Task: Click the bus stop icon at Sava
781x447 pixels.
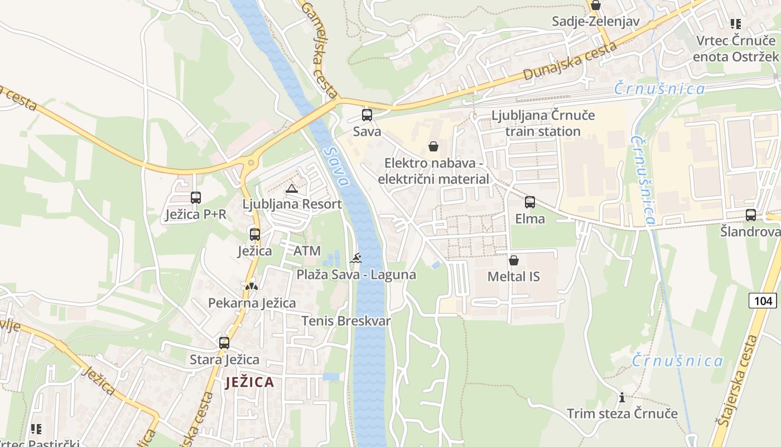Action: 367,115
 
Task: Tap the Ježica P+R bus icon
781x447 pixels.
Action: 195,197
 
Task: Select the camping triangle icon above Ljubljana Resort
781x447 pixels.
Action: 291,188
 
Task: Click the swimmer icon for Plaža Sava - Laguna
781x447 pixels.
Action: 356,258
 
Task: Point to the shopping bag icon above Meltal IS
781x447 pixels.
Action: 513,260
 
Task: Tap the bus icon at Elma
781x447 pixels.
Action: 529,202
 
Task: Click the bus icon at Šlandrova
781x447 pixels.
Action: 751,215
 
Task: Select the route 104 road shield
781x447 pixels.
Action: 763,301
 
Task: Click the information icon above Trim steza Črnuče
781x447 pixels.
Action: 622,398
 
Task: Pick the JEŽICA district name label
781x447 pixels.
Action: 250,383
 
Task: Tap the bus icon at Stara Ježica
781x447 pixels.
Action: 224,343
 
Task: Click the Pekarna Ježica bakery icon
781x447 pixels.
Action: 252,286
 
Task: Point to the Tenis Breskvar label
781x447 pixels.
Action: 346,321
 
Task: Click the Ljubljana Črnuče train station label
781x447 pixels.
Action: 543,123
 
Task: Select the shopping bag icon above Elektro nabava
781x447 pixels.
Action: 433,147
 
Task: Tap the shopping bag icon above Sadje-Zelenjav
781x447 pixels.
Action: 595,6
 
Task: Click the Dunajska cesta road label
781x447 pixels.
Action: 570,60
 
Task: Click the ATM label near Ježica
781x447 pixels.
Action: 307,251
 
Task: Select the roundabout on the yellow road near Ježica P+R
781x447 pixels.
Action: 250,163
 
